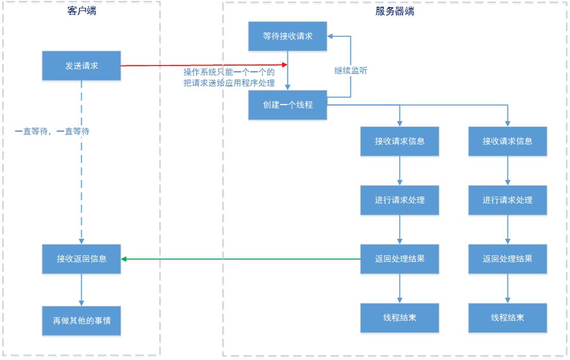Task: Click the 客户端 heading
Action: coord(82,11)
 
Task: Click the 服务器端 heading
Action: coord(394,11)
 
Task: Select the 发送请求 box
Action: coord(81,66)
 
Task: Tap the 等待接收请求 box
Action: coord(288,37)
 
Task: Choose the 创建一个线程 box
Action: coord(288,105)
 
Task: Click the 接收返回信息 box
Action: coord(81,259)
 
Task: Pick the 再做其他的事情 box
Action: coord(81,321)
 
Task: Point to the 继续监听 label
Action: coord(351,71)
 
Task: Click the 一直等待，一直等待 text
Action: coord(52,131)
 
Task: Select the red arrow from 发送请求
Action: coord(204,65)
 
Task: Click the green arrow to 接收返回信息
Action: coord(241,259)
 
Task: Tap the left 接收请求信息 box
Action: coord(399,141)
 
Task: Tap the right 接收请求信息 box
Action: coord(508,141)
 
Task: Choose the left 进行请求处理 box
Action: coord(399,200)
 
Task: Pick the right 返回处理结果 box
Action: coord(508,259)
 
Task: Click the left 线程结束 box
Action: coord(399,318)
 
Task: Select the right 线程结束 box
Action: coord(508,318)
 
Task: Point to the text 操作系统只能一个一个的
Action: coord(229,72)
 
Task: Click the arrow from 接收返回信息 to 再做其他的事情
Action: coord(81,290)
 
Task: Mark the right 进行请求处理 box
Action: coord(508,200)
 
